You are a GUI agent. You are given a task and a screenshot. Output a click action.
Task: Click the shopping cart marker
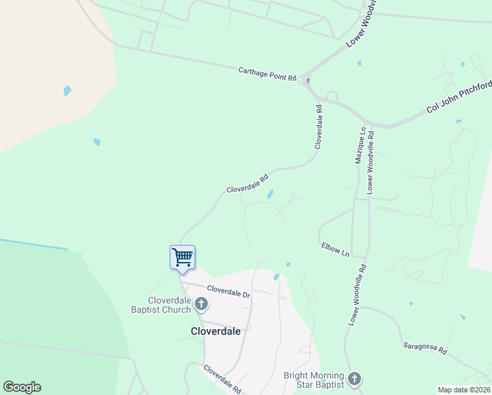coord(182,257)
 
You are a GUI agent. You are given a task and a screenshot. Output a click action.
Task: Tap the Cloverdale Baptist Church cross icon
coord(201,303)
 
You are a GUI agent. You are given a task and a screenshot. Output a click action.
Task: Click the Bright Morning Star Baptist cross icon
coord(355,379)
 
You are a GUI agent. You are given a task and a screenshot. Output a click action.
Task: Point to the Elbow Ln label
coord(334,249)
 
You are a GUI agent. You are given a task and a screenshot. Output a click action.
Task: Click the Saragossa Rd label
coord(424,348)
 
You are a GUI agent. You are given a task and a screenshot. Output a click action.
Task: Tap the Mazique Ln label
coord(360,146)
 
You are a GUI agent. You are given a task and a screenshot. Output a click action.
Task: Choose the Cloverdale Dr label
coord(229,291)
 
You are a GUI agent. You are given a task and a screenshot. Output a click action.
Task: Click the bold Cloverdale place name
coord(215,331)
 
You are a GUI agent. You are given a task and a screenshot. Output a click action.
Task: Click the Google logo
coord(22,387)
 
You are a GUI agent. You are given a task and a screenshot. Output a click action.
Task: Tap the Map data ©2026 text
coord(464,390)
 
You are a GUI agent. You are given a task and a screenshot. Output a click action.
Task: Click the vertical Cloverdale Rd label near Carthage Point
coord(318,126)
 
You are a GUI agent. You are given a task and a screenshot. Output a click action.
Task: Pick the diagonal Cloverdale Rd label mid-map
coord(248,183)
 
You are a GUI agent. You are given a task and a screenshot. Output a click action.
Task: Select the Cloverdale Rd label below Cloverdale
coord(222,379)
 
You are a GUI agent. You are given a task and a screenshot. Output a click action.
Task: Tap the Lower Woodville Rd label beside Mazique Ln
coord(371,161)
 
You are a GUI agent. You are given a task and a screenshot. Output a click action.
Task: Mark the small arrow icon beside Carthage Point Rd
coord(308,80)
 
